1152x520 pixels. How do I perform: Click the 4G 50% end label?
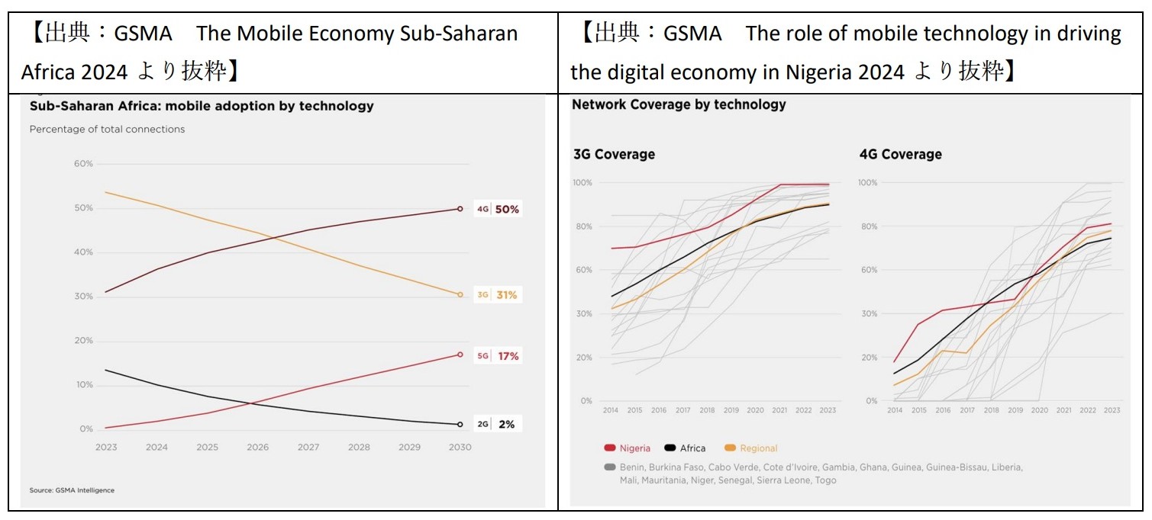coord(498,209)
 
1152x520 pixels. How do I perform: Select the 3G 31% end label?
coord(498,295)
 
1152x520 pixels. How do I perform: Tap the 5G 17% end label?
coord(498,355)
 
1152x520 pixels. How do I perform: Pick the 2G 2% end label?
coord(497,424)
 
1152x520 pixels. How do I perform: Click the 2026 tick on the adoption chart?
coord(258,447)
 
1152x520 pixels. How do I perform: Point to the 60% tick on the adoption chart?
coord(83,164)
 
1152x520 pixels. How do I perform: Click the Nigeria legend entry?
coord(627,448)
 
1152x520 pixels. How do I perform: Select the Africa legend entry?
coord(685,448)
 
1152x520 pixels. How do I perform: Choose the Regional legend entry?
coord(750,448)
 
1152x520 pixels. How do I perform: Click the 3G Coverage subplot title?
coord(614,154)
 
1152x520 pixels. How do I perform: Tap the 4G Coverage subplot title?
coord(901,154)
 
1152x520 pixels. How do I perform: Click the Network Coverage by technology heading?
coord(679,104)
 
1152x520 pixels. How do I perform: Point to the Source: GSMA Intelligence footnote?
coord(72,490)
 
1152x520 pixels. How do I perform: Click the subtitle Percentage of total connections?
coord(107,129)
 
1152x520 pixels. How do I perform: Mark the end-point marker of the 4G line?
coord(460,209)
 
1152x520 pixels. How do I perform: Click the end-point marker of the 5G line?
coord(460,355)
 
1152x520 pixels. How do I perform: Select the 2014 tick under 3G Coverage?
coord(611,410)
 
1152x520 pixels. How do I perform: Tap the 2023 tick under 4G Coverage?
coord(1112,410)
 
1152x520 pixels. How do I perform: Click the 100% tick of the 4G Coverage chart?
coord(867,182)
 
